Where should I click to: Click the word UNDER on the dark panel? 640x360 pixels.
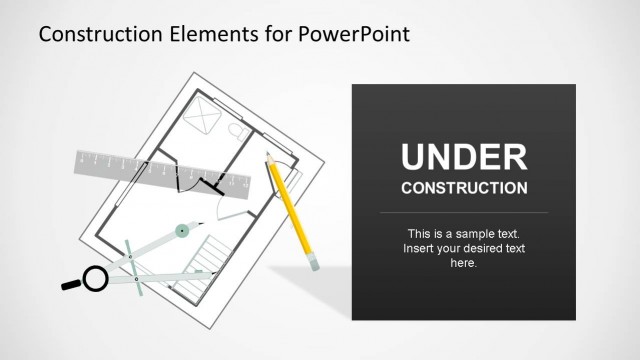coord(463,157)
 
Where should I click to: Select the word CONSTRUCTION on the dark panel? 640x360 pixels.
coord(463,187)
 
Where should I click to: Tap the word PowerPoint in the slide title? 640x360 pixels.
coord(354,35)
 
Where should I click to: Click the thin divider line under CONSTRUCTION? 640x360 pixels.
coord(463,213)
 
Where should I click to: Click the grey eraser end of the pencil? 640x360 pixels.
coord(314,264)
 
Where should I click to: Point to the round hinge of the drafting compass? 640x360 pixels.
coord(181,231)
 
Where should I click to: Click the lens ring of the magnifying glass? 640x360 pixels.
coord(95,278)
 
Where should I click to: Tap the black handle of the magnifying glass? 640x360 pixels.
coord(72,285)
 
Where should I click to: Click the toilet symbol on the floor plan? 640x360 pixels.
coord(238,131)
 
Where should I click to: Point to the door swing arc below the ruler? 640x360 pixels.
coord(233,208)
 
